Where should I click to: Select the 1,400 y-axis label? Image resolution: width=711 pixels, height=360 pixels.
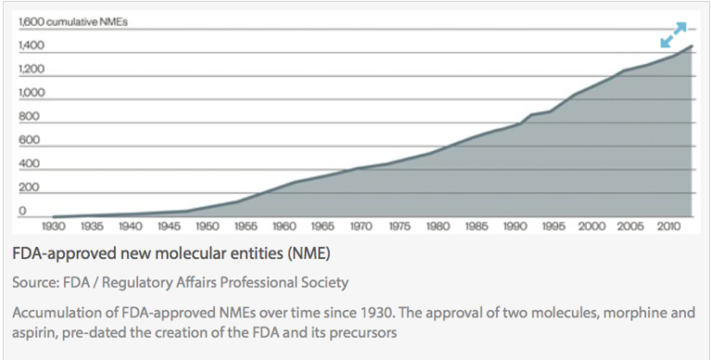(31, 45)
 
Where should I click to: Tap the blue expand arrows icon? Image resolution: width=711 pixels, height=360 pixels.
(673, 34)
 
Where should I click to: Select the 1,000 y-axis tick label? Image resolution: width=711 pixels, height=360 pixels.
(31, 93)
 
